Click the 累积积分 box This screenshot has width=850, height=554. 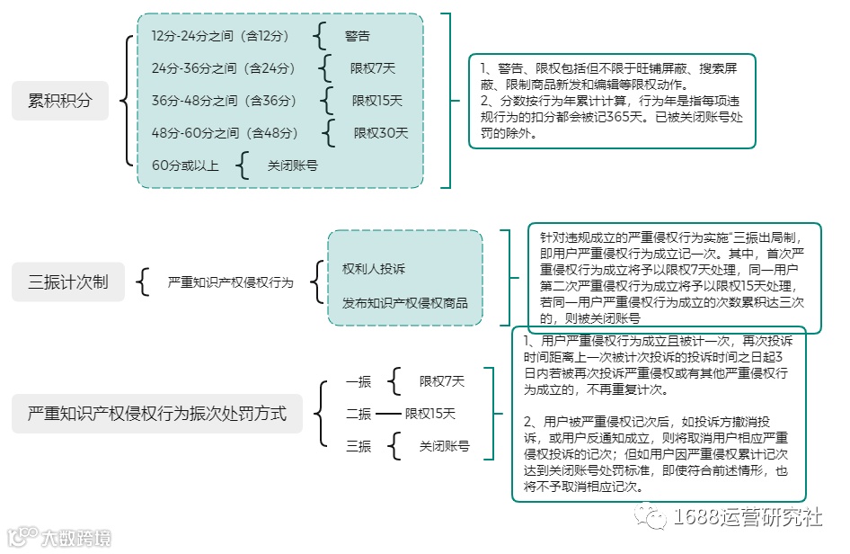click(x=60, y=101)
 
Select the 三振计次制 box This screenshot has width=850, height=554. click(x=68, y=281)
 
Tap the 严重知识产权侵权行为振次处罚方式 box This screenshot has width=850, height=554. click(x=157, y=414)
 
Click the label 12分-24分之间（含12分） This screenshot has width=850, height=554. click(x=221, y=36)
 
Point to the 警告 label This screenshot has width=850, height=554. click(x=358, y=36)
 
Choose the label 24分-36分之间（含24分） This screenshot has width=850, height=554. click(x=224, y=67)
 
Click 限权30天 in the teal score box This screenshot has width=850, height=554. click(x=381, y=133)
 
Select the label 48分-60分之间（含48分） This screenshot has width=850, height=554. click(x=225, y=133)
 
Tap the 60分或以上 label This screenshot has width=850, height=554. click(x=186, y=165)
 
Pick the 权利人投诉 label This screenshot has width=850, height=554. click(x=374, y=268)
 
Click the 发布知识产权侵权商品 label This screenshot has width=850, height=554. click(x=404, y=302)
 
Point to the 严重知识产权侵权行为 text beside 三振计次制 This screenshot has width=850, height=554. click(x=231, y=282)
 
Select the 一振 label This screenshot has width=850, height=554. click(x=359, y=381)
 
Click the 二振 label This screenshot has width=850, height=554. click(x=359, y=414)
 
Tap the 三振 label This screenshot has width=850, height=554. click(x=359, y=446)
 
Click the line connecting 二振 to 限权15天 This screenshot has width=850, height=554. click(x=387, y=414)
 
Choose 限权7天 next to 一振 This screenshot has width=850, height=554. click(x=442, y=381)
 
